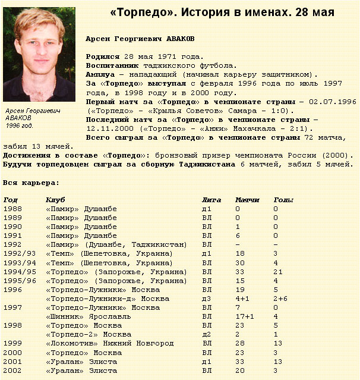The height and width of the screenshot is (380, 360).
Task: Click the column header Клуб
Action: click(x=56, y=200)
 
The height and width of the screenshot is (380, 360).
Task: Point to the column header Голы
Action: click(x=284, y=200)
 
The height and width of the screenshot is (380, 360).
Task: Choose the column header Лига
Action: click(x=212, y=200)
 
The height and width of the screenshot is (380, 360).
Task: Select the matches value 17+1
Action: click(x=245, y=316)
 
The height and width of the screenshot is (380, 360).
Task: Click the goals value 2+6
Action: click(x=281, y=299)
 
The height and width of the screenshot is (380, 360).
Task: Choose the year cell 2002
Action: click(x=13, y=370)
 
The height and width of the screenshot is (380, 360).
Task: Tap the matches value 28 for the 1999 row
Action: click(x=240, y=344)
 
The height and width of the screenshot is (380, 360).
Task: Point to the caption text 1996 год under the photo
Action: click(x=20, y=125)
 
